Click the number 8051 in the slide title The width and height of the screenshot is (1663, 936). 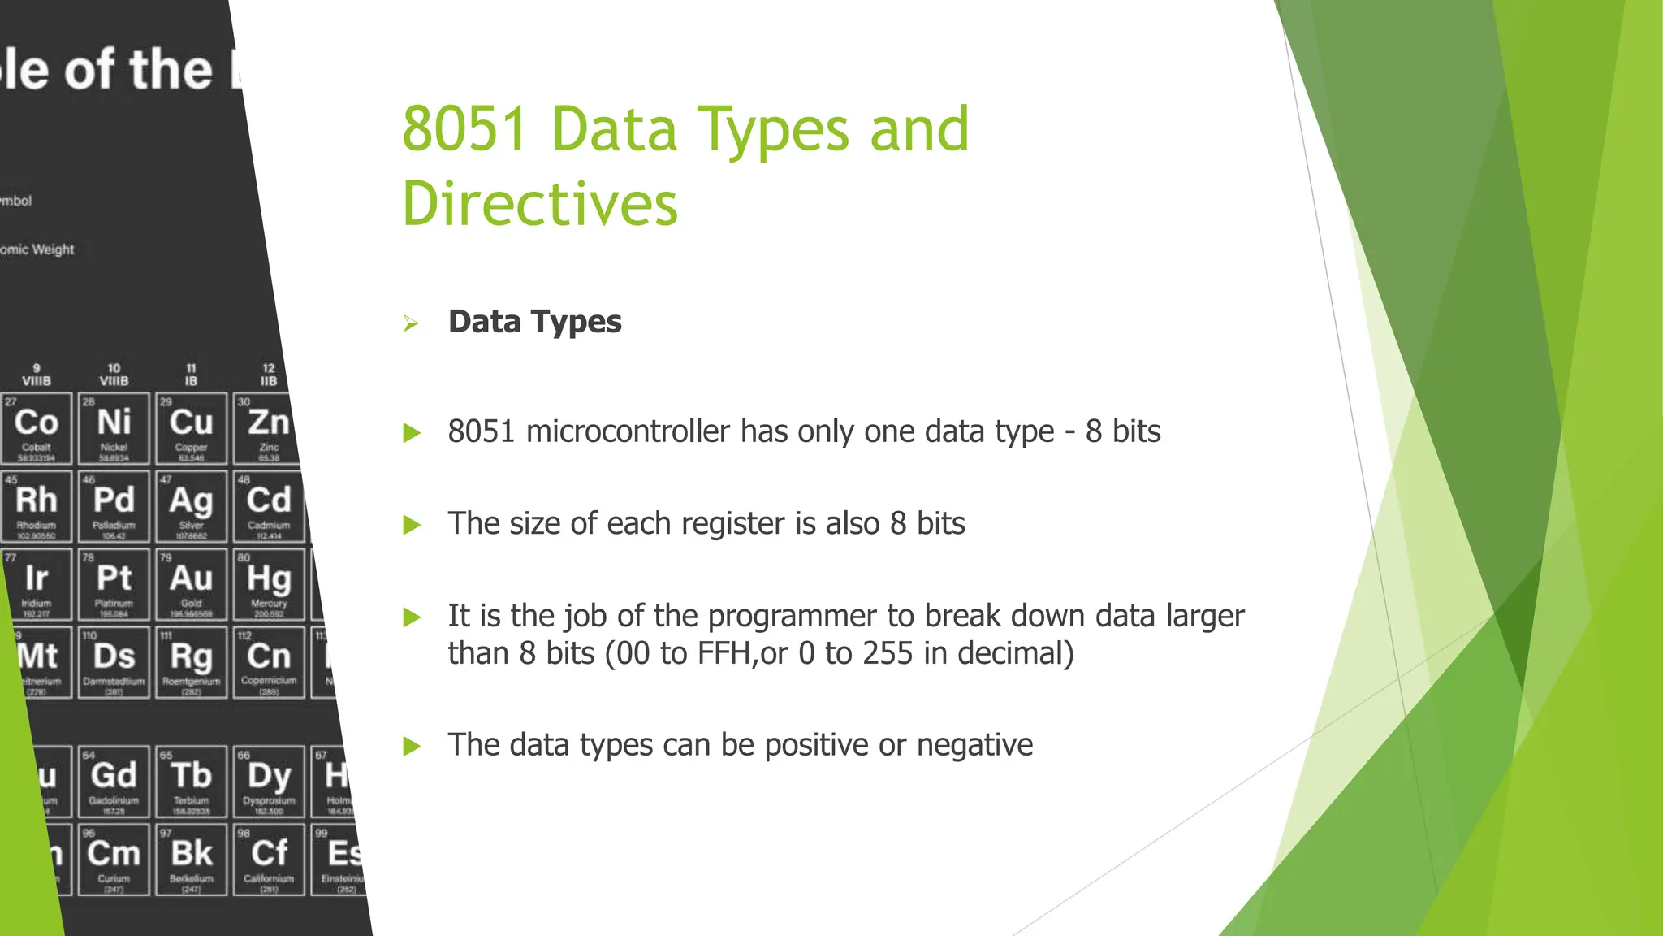coord(464,130)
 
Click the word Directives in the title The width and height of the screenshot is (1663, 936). coord(539,204)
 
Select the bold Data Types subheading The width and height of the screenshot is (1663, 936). coord(534,322)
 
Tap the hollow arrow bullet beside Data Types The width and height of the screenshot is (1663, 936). coord(411,324)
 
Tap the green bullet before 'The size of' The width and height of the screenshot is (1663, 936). coord(412,526)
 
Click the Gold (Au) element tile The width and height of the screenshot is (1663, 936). coord(192,584)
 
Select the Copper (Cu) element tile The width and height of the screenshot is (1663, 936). coord(192,428)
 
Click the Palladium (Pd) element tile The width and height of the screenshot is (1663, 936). coord(114,506)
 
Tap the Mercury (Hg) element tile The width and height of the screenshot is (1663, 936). coord(269,584)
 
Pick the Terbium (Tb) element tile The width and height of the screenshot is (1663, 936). coord(192,781)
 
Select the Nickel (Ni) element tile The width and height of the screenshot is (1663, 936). coord(114,428)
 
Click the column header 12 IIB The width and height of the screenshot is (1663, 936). coord(269,375)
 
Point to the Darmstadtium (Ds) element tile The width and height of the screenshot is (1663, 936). coord(114,662)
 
